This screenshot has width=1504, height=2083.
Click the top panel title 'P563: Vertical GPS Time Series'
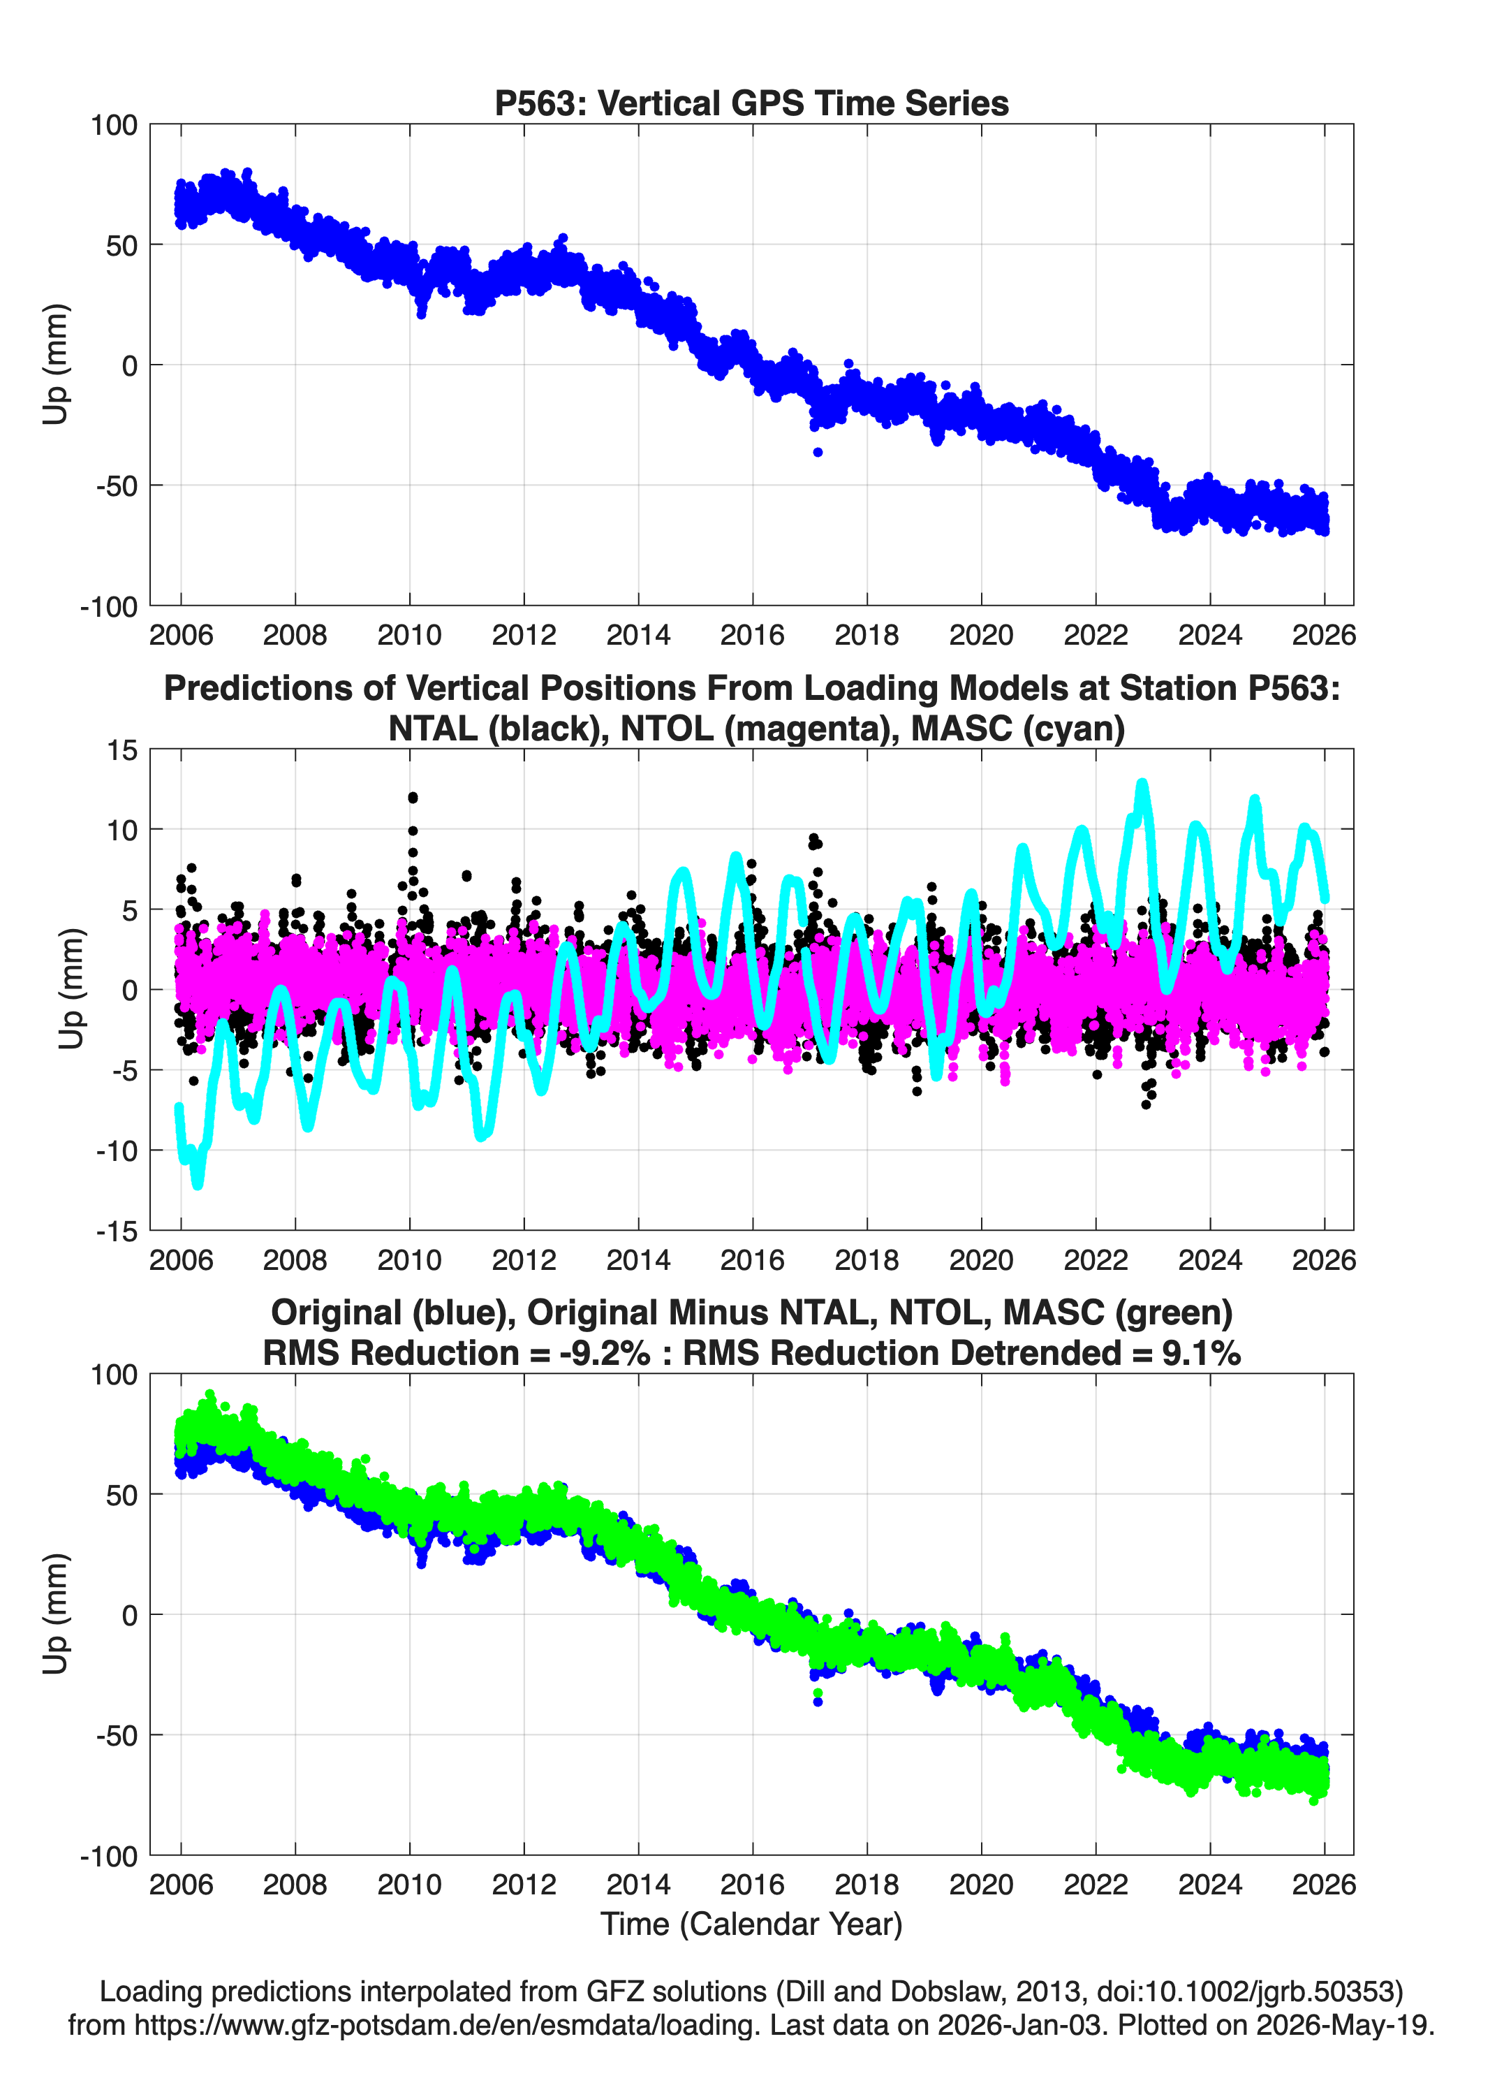point(751,103)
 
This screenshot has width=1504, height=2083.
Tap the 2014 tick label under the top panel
point(638,635)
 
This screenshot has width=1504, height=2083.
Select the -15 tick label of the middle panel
point(117,1231)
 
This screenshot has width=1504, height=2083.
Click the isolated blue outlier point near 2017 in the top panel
point(817,452)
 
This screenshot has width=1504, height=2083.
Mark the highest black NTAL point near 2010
point(412,797)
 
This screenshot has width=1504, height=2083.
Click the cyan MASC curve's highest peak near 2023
point(1142,784)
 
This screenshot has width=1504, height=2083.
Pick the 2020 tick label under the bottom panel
point(980,1884)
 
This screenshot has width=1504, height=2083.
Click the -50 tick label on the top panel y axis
point(117,486)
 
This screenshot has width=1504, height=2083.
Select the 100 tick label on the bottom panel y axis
point(114,1375)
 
